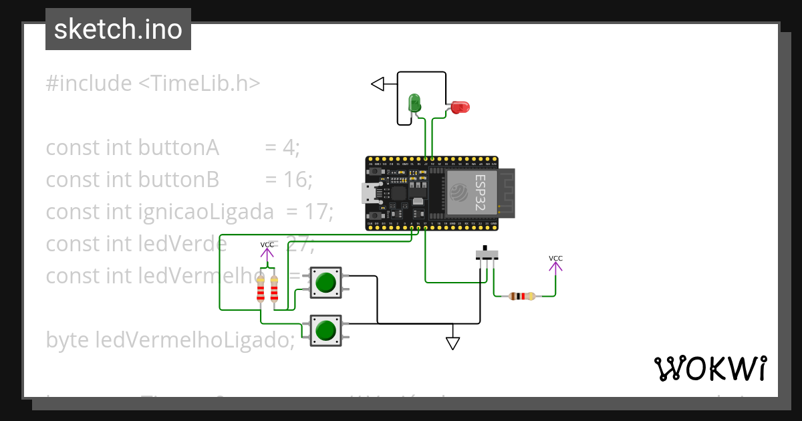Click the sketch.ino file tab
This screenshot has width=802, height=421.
(118, 29)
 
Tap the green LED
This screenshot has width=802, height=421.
(414, 103)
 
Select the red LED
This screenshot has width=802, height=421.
(460, 107)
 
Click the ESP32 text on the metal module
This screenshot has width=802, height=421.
(479, 193)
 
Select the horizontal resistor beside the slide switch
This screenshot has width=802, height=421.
(521, 296)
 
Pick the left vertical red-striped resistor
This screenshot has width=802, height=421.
(261, 289)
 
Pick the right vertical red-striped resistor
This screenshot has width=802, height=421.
(274, 289)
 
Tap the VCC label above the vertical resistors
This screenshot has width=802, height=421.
(267, 245)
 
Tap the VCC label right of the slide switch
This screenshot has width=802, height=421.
(555, 259)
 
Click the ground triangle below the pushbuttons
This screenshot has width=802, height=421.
(453, 343)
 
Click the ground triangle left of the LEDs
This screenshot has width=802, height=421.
(378, 84)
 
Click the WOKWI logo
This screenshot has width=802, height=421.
(710, 368)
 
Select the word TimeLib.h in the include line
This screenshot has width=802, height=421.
(198, 84)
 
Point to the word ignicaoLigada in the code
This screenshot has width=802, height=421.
(206, 212)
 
